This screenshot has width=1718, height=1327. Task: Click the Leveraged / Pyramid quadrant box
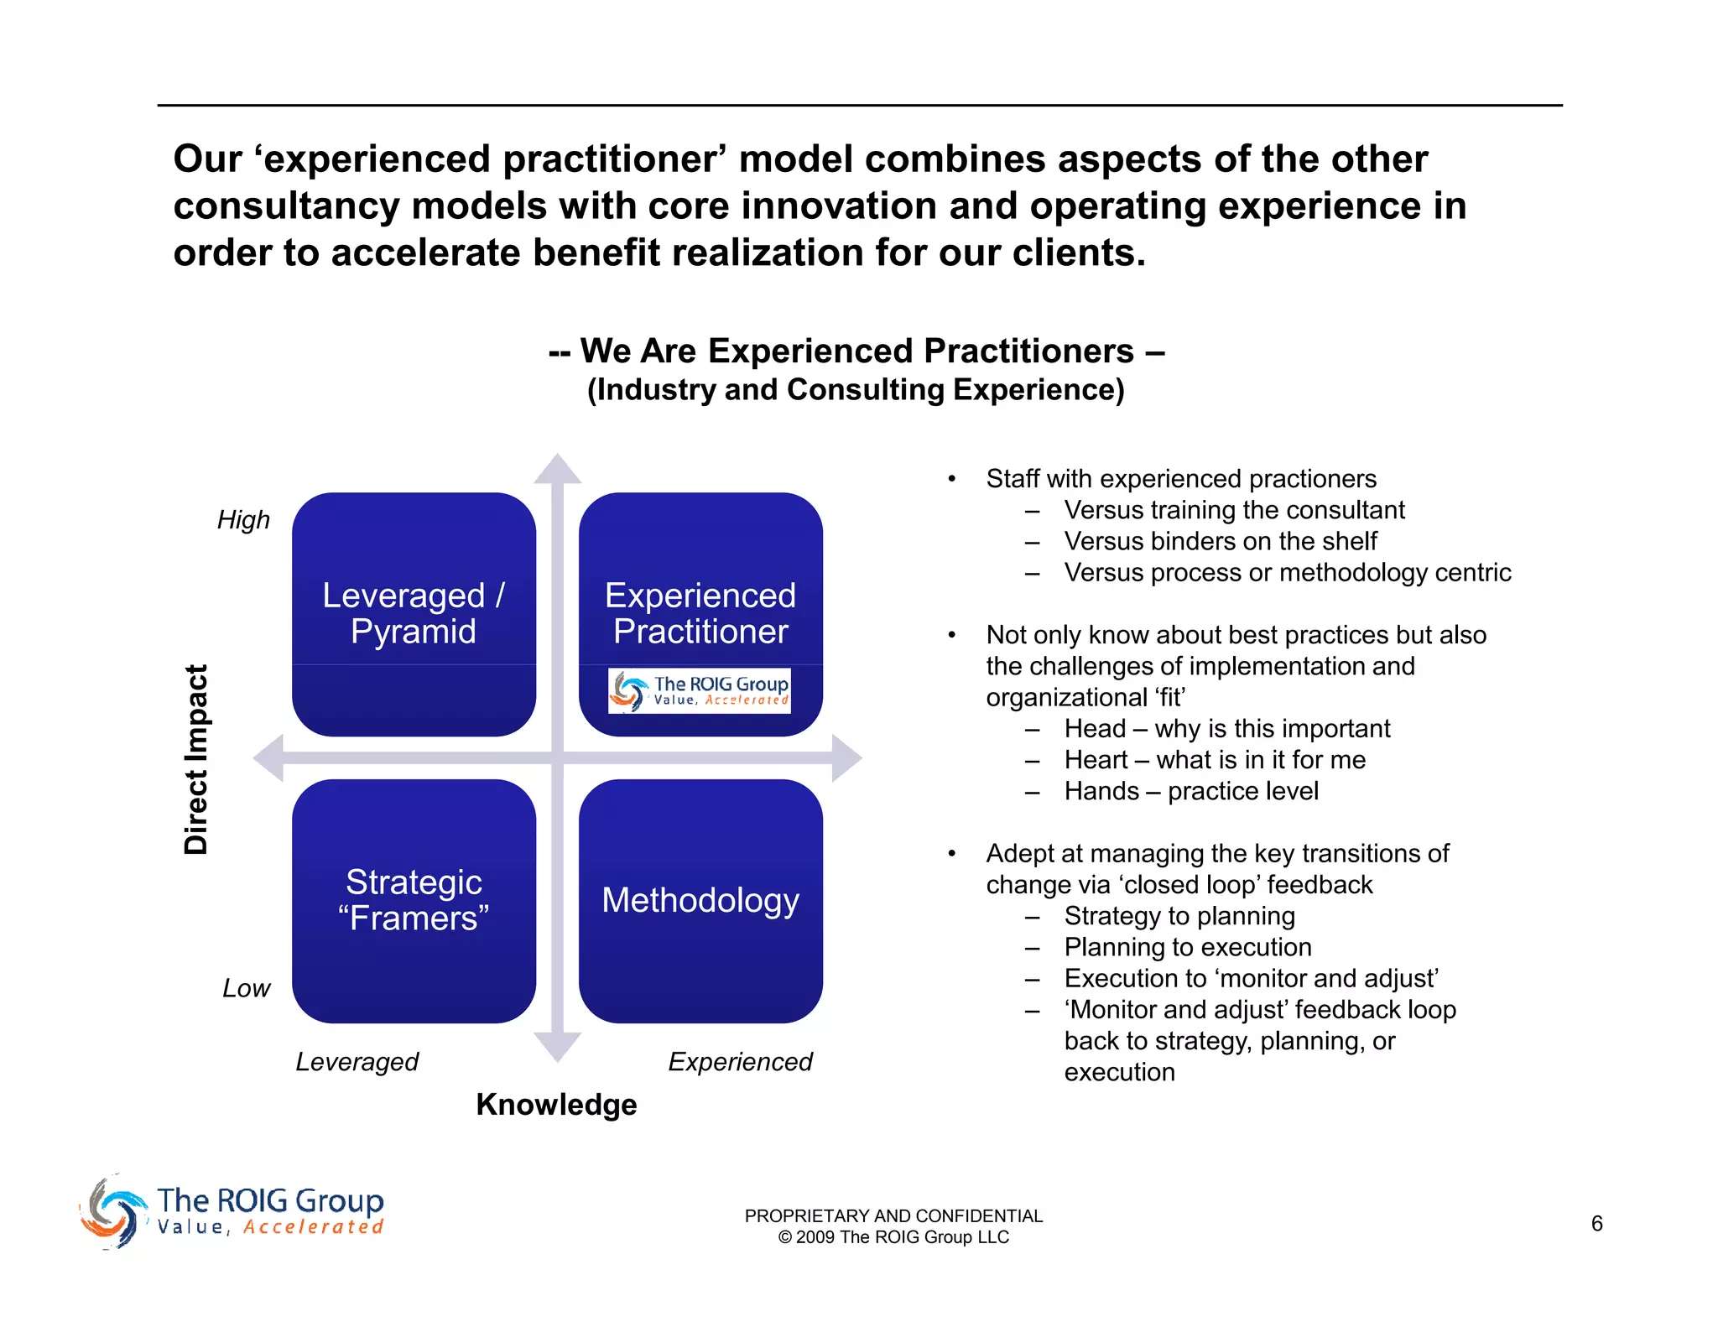point(414,614)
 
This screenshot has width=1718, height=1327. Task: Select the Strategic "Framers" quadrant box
point(414,901)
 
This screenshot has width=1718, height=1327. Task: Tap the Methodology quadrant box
point(700,901)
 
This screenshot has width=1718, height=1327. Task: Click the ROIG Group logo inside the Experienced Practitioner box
point(700,691)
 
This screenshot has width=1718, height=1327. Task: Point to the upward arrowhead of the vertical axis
point(557,470)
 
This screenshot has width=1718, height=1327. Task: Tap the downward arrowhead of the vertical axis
point(557,1046)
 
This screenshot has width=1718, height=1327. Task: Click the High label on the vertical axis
point(243,520)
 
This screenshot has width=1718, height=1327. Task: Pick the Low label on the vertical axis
point(246,988)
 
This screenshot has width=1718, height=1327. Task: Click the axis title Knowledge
point(556,1105)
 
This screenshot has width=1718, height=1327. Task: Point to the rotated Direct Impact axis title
point(195,759)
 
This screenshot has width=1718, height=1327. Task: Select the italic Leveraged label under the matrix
point(357,1062)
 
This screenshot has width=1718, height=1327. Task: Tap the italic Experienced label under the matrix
point(740,1062)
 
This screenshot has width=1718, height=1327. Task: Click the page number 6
point(1596,1224)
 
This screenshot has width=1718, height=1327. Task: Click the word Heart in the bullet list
point(1096,760)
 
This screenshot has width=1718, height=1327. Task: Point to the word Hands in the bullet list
point(1101,791)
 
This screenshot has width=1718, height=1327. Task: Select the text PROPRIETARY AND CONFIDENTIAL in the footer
point(893,1216)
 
